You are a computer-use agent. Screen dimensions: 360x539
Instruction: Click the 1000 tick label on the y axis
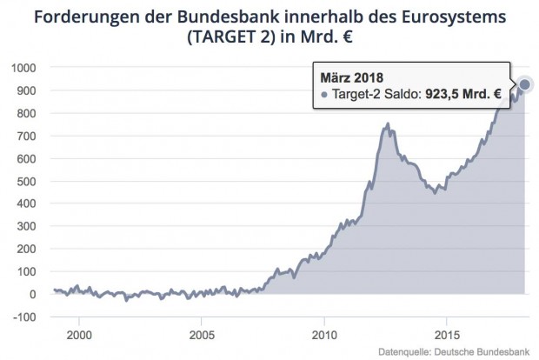coord(23,68)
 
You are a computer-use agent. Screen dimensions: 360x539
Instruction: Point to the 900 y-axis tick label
coord(26,90)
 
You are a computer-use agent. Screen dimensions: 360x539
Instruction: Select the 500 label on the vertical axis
coord(26,181)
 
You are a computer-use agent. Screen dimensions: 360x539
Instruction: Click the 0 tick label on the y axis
coord(32,294)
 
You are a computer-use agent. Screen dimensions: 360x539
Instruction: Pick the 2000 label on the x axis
coord(79,333)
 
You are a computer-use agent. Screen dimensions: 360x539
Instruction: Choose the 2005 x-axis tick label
coord(202,333)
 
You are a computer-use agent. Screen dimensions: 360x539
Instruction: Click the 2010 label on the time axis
coord(324,333)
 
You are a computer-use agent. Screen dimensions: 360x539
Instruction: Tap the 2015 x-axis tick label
coord(447,333)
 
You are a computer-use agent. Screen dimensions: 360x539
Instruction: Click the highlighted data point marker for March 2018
coord(525,85)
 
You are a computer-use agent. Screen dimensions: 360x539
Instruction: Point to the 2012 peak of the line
coord(387,124)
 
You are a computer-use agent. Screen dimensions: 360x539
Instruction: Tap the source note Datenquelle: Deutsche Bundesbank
coord(458,351)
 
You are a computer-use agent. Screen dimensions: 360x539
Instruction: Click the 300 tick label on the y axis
coord(26,226)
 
